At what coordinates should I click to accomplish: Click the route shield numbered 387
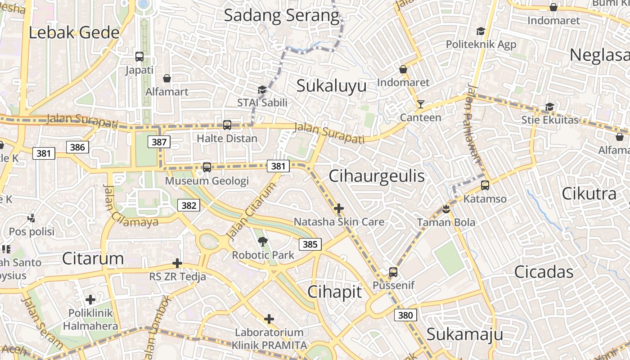(x=159, y=142)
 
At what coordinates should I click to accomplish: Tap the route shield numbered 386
(x=77, y=147)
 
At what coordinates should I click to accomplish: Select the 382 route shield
(x=189, y=206)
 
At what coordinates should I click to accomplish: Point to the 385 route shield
(x=310, y=244)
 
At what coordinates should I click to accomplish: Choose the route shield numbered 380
(x=405, y=315)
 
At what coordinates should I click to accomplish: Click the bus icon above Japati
(x=139, y=57)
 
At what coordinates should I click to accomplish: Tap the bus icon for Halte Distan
(x=227, y=125)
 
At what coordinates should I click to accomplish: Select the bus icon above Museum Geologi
(x=207, y=167)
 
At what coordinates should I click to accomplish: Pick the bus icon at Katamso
(x=485, y=185)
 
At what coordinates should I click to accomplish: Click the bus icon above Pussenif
(x=393, y=272)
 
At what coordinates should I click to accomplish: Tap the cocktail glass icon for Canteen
(x=421, y=104)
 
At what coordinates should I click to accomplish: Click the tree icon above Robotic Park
(x=263, y=242)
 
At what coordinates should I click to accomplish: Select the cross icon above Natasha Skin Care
(x=339, y=208)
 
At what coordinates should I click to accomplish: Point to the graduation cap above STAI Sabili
(x=262, y=90)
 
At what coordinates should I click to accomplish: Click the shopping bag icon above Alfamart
(x=167, y=79)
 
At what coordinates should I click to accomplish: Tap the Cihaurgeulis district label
(x=377, y=176)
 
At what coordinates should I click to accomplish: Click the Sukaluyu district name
(x=331, y=85)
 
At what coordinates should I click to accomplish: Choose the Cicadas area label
(x=544, y=272)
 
